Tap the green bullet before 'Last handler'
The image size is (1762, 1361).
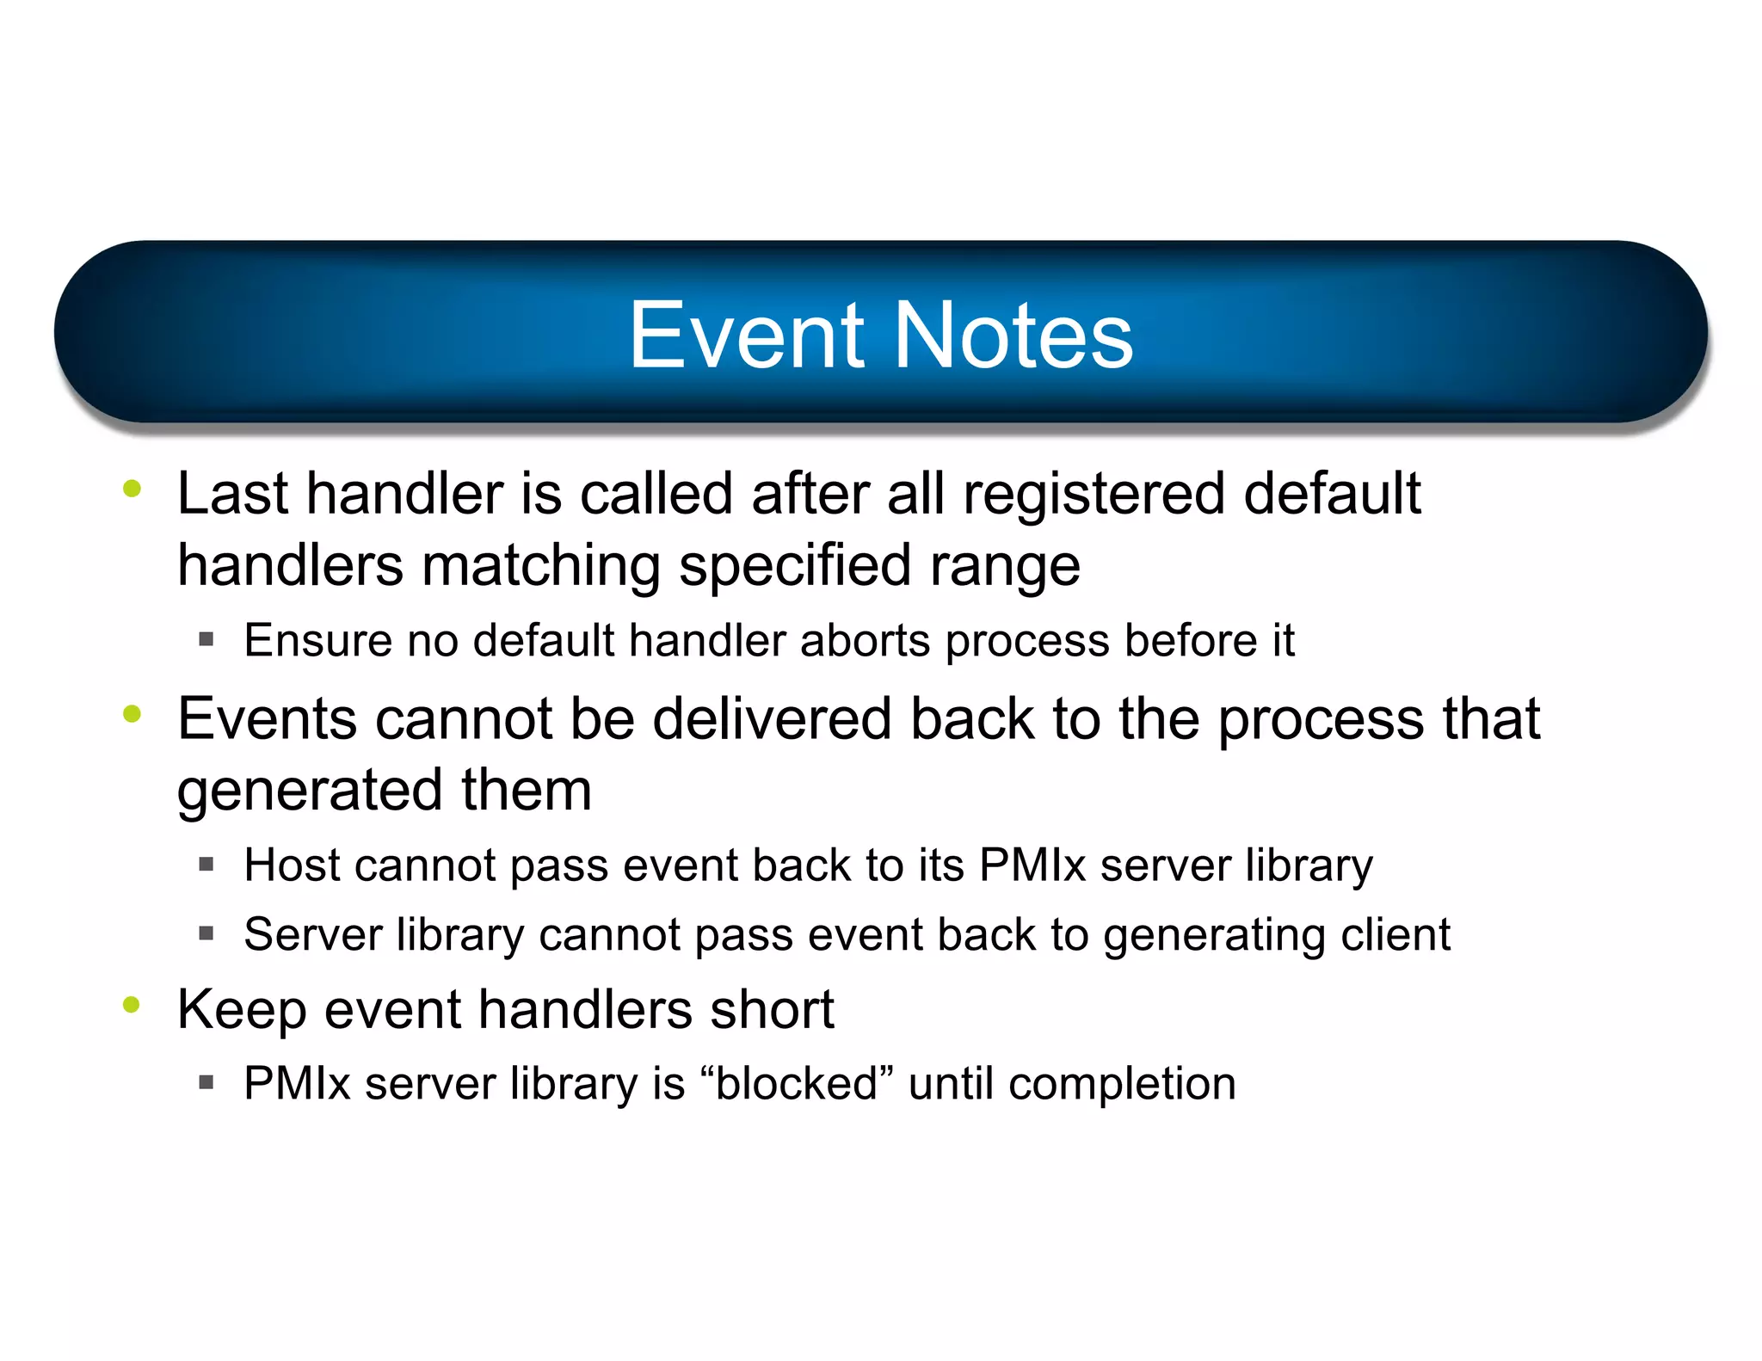[x=132, y=489]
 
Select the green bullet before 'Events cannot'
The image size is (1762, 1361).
[x=132, y=713]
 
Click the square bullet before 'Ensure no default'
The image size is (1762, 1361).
[x=206, y=639]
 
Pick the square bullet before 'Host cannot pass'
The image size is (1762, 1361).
[x=206, y=864]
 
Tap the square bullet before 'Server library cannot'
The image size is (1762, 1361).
[x=206, y=933]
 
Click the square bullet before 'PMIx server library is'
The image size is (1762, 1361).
[x=206, y=1082]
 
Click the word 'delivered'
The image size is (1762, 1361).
[x=772, y=719]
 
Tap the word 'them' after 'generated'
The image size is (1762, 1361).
[x=527, y=790]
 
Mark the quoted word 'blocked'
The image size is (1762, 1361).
[x=797, y=1083]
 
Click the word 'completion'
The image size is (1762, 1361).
[x=1122, y=1084]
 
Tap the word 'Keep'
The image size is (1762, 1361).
[x=241, y=1010]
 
